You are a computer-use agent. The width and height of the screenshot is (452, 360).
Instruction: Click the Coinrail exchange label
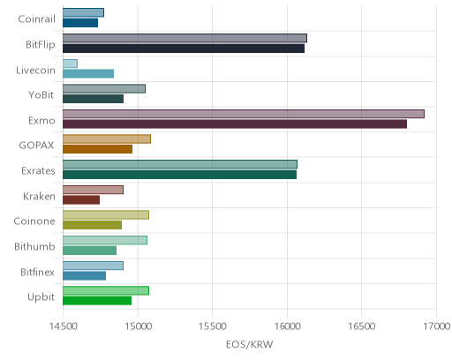click(x=36, y=19)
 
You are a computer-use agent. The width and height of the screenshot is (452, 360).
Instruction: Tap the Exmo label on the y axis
click(x=41, y=121)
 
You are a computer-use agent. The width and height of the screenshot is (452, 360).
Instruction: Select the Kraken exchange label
click(x=39, y=196)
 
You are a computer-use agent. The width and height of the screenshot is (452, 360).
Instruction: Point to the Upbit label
click(x=41, y=297)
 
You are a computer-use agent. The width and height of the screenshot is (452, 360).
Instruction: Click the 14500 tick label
click(x=64, y=326)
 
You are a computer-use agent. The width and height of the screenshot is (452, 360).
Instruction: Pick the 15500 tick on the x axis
click(x=213, y=326)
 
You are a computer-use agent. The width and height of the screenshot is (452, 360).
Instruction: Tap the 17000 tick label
click(x=437, y=326)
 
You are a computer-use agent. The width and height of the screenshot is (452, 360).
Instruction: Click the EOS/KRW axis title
click(x=250, y=344)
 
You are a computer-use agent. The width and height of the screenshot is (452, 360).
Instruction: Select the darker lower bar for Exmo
click(x=235, y=124)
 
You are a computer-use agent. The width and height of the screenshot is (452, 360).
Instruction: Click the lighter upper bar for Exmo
click(x=244, y=114)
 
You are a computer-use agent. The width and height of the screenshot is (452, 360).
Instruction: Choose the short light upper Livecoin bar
click(x=70, y=64)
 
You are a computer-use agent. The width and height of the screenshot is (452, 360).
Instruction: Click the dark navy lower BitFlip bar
click(x=184, y=49)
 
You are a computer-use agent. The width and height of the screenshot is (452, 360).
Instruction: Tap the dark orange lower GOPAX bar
click(x=97, y=149)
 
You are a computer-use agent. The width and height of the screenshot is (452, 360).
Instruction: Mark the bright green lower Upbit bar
click(x=97, y=301)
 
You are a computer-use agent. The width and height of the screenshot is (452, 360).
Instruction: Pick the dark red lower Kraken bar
click(x=81, y=199)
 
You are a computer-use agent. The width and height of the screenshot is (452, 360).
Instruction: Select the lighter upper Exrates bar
click(x=180, y=164)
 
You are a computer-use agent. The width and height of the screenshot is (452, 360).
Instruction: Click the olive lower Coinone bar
click(x=92, y=225)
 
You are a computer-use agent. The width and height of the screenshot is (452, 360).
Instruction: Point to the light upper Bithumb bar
click(x=105, y=240)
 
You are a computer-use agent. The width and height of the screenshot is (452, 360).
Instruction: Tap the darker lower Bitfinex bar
click(x=84, y=276)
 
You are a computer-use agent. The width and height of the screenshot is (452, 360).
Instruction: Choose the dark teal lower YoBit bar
click(x=93, y=99)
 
